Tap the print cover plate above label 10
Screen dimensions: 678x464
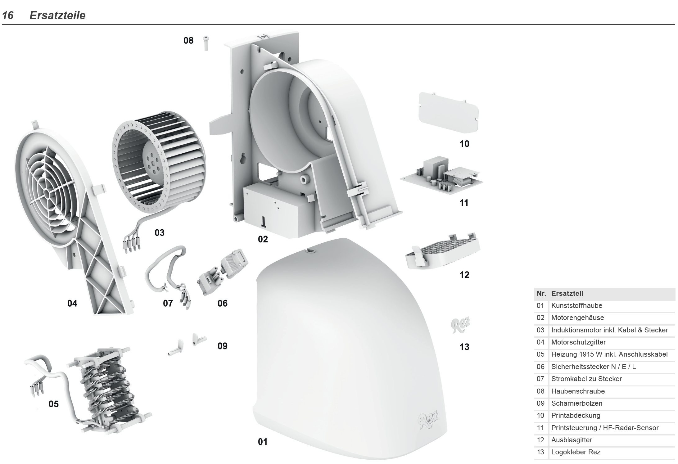click(449, 112)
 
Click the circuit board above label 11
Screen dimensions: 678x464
click(441, 175)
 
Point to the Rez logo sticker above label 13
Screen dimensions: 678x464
click(461, 324)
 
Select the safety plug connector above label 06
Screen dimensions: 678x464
click(223, 272)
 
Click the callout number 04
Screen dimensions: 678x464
click(72, 303)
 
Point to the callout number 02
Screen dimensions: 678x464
click(263, 239)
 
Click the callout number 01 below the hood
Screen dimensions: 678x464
click(263, 442)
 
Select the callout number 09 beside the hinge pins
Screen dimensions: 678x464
click(223, 346)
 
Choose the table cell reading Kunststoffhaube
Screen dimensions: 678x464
click(577, 306)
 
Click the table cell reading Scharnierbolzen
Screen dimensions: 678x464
click(577, 403)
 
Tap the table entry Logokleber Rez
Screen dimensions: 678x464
click(576, 452)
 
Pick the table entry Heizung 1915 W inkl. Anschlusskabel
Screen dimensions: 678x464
click(609, 354)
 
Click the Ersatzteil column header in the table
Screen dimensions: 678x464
click(567, 294)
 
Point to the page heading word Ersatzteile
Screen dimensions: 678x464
click(57, 16)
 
